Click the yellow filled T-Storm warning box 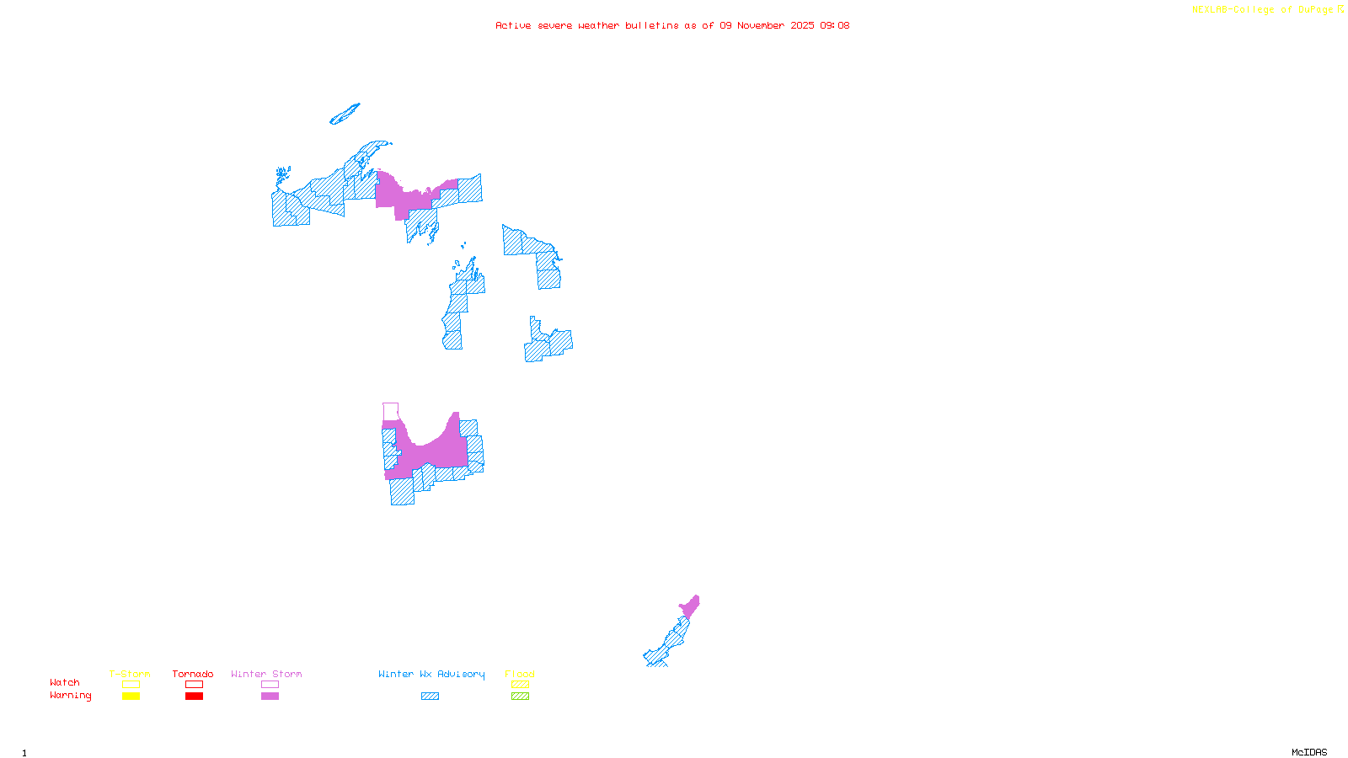pyautogui.click(x=131, y=697)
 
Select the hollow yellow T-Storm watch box pyautogui.click(x=131, y=685)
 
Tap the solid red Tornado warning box pyautogui.click(x=194, y=697)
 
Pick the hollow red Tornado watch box pyautogui.click(x=194, y=685)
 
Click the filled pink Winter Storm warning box pyautogui.click(x=270, y=697)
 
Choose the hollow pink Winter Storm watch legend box pyautogui.click(x=270, y=685)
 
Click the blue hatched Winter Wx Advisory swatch pyautogui.click(x=430, y=697)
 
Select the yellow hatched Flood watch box pyautogui.click(x=520, y=685)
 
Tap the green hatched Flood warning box pyautogui.click(x=520, y=697)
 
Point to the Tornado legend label pyautogui.click(x=193, y=674)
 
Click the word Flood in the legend pyautogui.click(x=520, y=674)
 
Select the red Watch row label pyautogui.click(x=65, y=682)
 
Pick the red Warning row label pyautogui.click(x=70, y=696)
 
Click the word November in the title pyautogui.click(x=761, y=25)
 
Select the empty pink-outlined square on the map pyautogui.click(x=390, y=411)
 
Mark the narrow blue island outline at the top pyautogui.click(x=345, y=115)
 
